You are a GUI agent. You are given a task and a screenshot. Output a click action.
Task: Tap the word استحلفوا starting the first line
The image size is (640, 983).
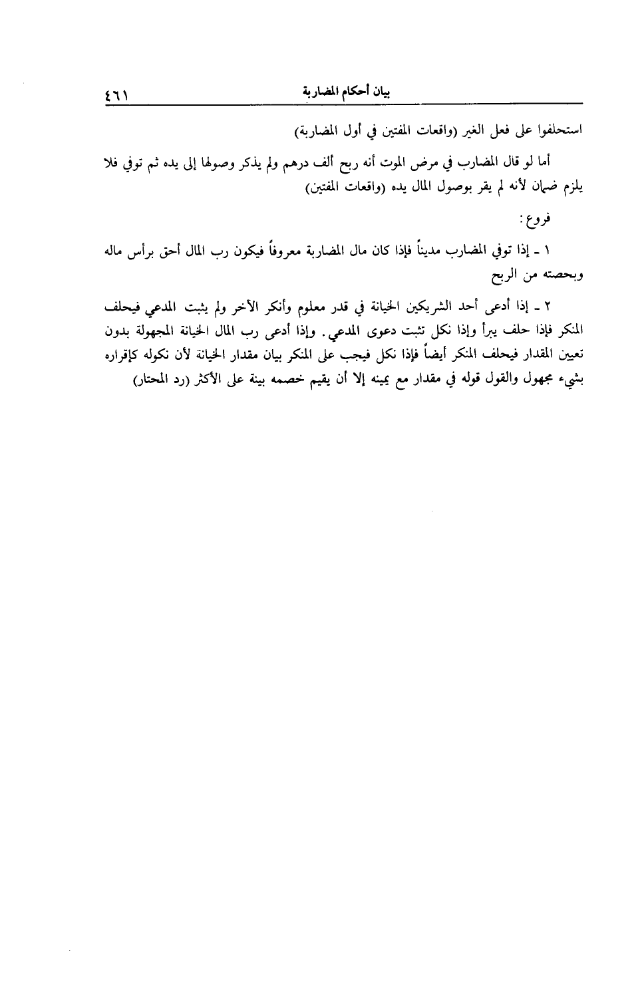click(558, 131)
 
